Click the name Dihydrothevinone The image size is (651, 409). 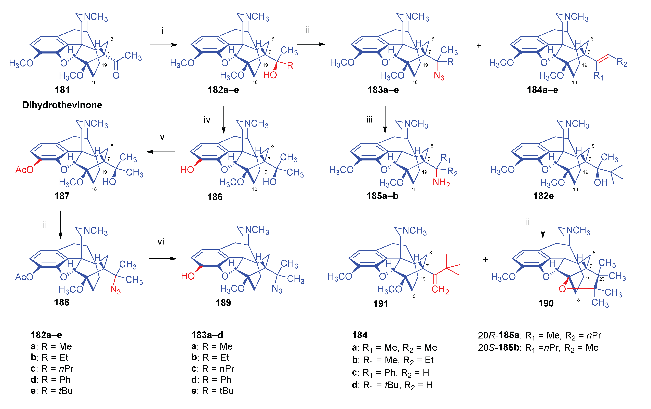tap(62, 105)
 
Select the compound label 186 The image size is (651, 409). tap(215, 197)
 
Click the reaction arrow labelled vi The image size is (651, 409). tap(163, 259)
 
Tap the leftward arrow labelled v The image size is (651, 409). tap(161, 152)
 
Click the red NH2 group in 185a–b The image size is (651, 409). tap(441, 183)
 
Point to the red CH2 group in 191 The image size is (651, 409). tap(440, 290)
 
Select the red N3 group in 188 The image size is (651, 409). tap(115, 290)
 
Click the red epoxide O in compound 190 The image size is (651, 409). tap(562, 289)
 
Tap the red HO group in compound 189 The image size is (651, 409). tap(188, 276)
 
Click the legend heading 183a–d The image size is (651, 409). tap(207, 335)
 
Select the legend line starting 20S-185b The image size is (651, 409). tap(538, 348)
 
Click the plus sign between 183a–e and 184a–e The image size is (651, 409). tap(479, 46)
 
